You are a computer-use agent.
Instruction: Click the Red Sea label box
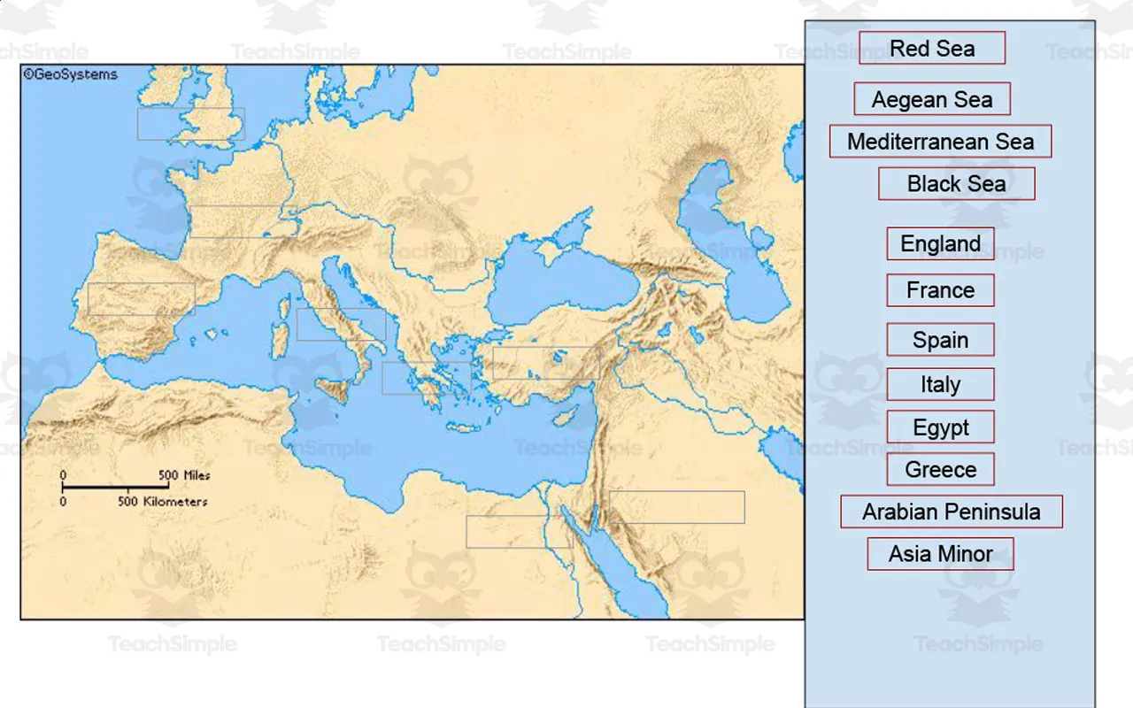point(932,48)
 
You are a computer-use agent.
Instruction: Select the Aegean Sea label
point(932,99)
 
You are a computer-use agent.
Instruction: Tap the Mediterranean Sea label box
point(940,142)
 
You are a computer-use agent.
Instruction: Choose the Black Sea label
point(956,184)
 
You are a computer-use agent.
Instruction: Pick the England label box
point(940,243)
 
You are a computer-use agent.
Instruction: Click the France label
point(940,290)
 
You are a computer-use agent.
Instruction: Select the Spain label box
point(940,340)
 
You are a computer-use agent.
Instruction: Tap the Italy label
point(940,384)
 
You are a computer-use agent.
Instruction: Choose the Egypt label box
point(940,427)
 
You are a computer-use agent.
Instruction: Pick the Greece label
point(940,469)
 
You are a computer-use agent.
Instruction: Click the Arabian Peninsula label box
point(952,512)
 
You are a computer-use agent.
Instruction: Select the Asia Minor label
point(940,554)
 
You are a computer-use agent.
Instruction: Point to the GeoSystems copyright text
point(71,75)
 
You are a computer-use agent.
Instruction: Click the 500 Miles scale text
point(184,475)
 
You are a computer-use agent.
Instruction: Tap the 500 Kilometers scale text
point(163,502)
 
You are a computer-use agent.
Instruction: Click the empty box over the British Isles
point(191,124)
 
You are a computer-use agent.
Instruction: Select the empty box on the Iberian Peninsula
point(142,299)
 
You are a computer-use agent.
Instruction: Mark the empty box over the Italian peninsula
point(342,325)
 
